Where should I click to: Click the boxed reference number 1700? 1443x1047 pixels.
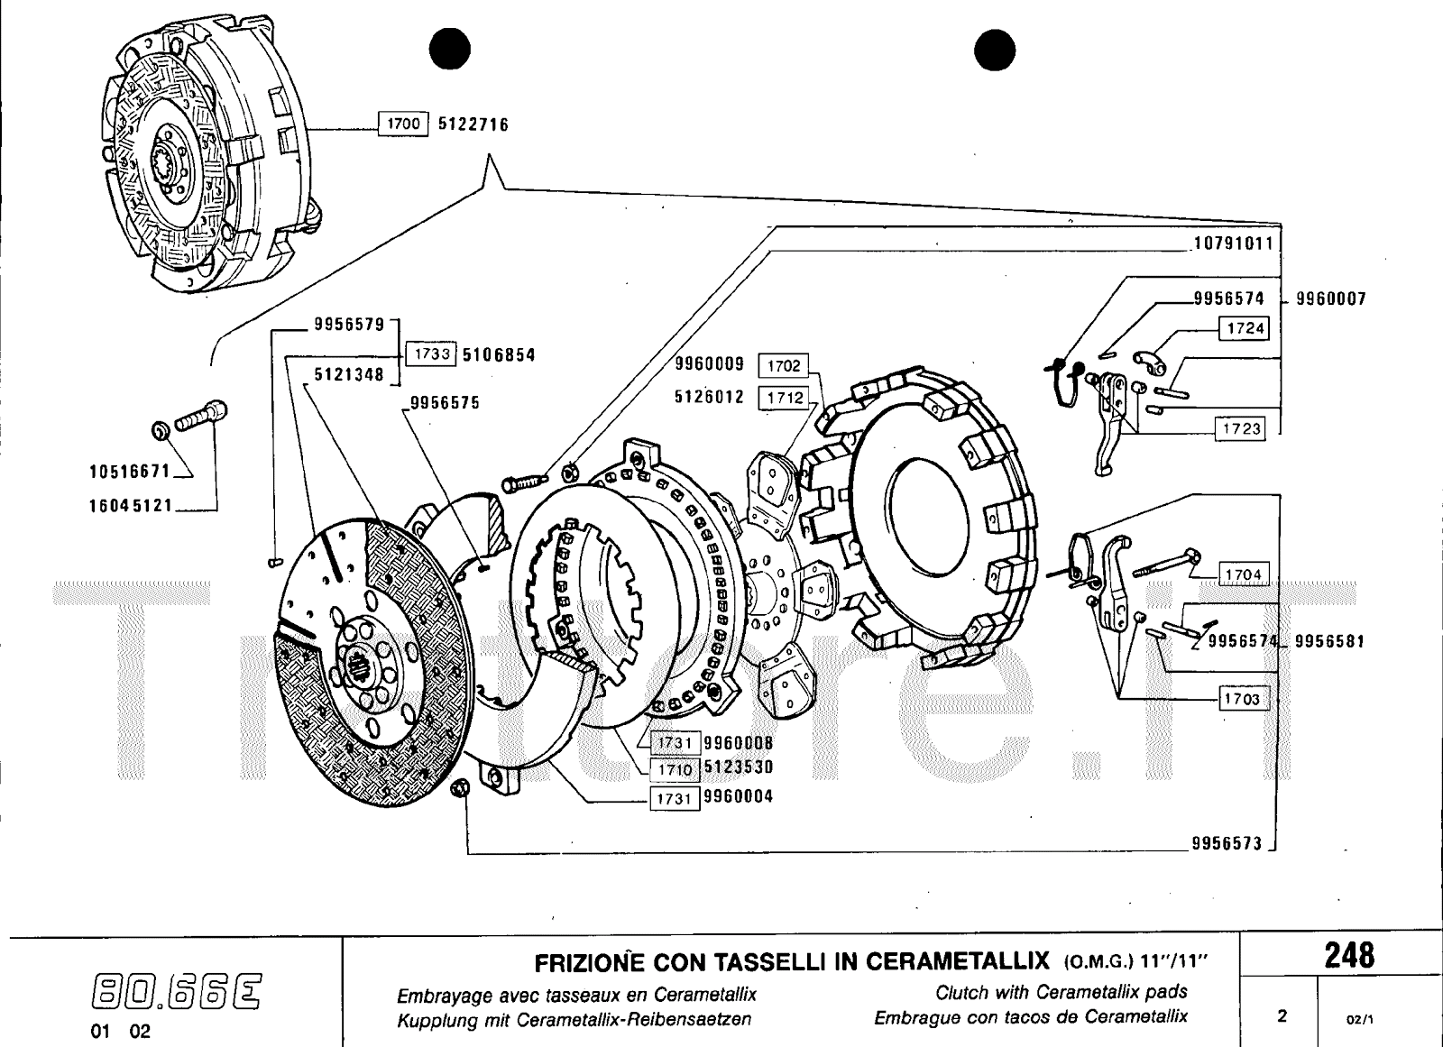coord(402,124)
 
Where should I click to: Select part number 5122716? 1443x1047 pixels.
coord(473,124)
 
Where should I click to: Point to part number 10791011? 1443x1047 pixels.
coord(1232,243)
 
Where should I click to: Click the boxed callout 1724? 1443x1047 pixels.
coord(1245,328)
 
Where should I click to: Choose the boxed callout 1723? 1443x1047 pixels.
coord(1241,428)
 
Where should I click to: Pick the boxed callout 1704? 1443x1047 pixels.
coord(1243,574)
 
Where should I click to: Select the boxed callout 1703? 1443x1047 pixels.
coord(1241,699)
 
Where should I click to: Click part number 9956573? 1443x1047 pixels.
coord(1227,844)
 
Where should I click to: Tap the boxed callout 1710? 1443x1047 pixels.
coord(674,769)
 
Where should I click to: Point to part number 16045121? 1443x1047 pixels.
coord(130,506)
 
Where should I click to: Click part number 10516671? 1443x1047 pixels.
coord(130,471)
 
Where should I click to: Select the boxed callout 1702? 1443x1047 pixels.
coord(784,365)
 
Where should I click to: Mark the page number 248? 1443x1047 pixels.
coord(1349,955)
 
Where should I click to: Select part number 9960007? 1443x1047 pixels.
coord(1331,298)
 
